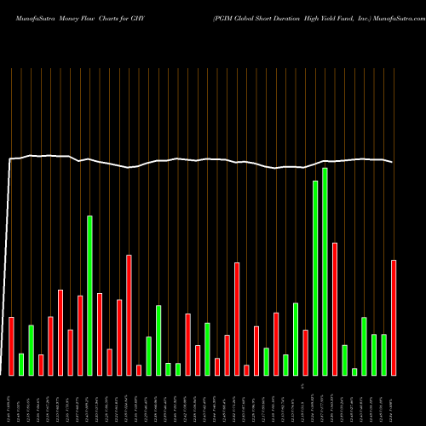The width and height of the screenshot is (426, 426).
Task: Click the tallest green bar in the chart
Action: pos(325,272)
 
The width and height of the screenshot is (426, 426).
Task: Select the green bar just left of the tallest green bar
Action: pos(315,278)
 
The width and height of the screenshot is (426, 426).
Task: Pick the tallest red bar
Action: pos(335,308)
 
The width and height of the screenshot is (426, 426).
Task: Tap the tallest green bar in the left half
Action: pos(89,295)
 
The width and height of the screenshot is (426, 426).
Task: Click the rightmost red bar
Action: pos(394,317)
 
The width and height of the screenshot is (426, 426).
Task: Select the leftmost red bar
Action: pos(12,346)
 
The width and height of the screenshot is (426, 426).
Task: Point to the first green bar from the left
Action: pos(21,364)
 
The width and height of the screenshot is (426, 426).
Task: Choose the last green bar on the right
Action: pos(383,354)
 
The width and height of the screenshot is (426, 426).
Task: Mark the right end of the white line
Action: pos(393,162)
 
